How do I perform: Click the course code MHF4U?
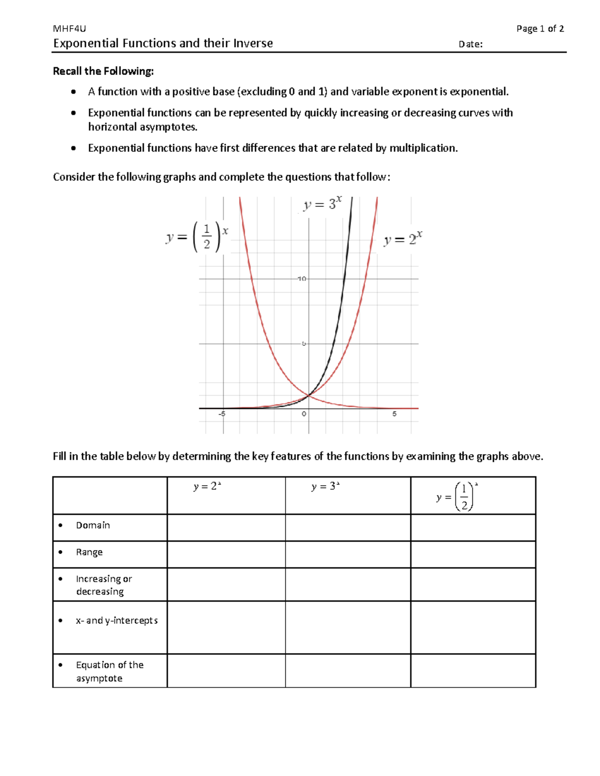(69, 29)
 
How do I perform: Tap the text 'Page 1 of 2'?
(540, 29)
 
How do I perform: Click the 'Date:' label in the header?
(470, 44)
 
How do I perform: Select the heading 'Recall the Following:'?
(103, 71)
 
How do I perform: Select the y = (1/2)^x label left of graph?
(197, 237)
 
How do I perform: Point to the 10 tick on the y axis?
(301, 278)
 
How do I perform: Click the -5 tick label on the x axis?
(221, 414)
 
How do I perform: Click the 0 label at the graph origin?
(303, 414)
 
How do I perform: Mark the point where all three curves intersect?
(308, 395)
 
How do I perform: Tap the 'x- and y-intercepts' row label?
(116, 621)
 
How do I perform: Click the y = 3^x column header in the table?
(325, 487)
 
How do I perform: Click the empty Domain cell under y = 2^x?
(226, 528)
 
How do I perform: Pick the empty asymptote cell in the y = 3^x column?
(347, 671)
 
